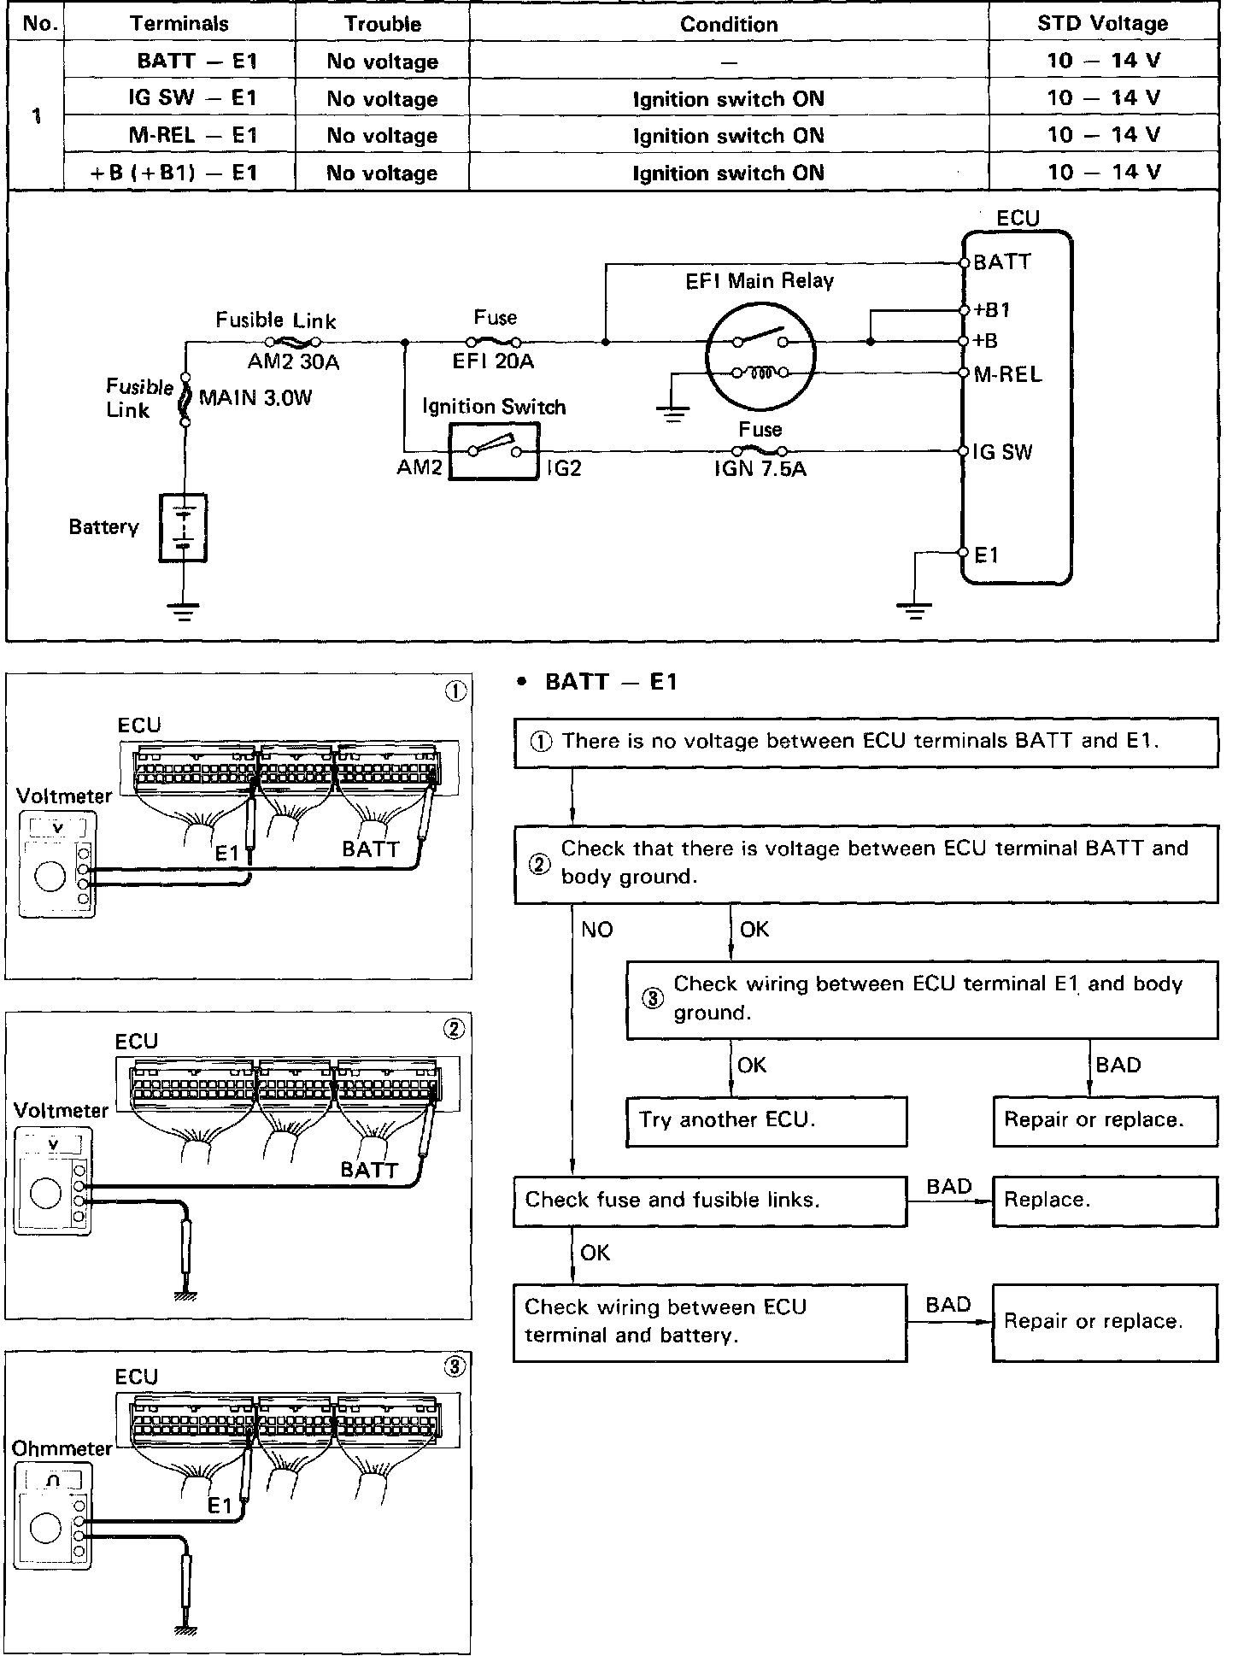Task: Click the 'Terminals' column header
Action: [x=179, y=24]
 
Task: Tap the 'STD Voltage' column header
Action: [x=1102, y=24]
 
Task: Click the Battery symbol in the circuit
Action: [x=183, y=527]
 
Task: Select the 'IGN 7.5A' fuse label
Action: [x=760, y=468]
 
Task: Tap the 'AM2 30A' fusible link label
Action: [x=293, y=362]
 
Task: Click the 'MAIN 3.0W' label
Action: [x=255, y=397]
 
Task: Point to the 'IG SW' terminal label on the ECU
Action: [x=1003, y=452]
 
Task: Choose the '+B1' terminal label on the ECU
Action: [x=992, y=310]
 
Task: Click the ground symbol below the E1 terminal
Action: [x=914, y=610]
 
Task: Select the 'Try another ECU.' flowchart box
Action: [x=766, y=1121]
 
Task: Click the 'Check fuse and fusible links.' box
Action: [x=710, y=1201]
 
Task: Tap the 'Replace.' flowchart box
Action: [x=1105, y=1201]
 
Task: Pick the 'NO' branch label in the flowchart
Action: [x=597, y=929]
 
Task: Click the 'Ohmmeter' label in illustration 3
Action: [x=62, y=1448]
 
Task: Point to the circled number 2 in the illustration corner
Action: [x=454, y=1029]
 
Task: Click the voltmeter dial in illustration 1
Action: [x=50, y=878]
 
